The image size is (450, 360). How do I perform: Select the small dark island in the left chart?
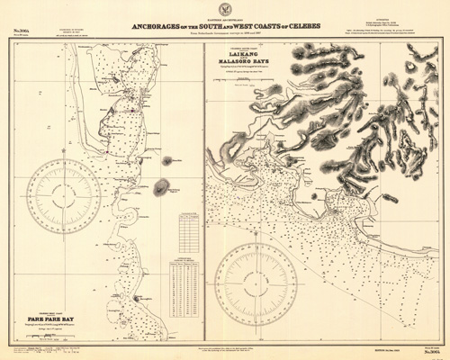(x=161, y=188)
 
